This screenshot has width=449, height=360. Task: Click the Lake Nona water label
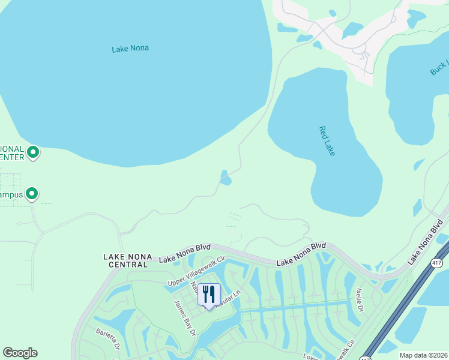coord(130,49)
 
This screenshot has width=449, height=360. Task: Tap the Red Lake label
coord(327,141)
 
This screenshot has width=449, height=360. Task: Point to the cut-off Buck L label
coord(439,68)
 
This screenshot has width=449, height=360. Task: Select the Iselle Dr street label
coord(360,299)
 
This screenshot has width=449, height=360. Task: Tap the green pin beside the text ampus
coord(32,194)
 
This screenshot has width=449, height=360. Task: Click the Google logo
coord(20,353)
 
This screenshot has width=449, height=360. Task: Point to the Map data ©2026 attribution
coord(423,355)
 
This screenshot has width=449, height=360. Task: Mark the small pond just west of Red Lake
coord(225,178)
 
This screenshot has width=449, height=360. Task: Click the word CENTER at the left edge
coord(11,157)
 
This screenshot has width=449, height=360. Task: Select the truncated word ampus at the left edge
coord(11,194)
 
